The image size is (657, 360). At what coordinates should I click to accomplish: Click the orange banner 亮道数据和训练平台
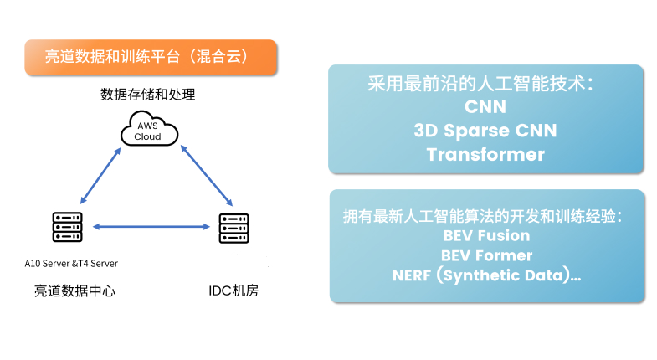151,58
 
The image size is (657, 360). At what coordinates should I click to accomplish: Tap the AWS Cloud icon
149,129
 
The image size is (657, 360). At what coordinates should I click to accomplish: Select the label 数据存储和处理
147,95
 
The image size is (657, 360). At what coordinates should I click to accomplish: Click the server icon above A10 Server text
68,227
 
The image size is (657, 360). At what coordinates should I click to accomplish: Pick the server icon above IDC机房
234,228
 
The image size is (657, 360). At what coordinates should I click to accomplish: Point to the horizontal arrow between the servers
151,227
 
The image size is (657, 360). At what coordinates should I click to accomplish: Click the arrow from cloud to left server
100,176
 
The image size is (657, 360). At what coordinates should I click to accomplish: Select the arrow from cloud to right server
206,175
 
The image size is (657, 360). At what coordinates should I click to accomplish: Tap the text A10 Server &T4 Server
71,264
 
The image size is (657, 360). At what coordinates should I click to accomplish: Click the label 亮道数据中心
74,291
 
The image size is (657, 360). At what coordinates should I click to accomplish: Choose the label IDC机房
234,291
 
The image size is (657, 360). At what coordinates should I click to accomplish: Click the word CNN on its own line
485,107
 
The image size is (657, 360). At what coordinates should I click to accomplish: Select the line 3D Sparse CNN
485,131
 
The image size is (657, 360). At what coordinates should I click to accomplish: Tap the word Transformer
485,155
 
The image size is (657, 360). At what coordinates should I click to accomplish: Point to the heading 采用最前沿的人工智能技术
480,84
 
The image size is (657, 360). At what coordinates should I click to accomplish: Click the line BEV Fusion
486,235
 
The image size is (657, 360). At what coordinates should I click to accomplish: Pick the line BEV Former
486,255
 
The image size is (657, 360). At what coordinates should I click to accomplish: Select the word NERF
412,275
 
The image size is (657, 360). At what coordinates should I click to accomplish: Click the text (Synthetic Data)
503,275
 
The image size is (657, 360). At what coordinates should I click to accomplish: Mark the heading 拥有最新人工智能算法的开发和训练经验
483,216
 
